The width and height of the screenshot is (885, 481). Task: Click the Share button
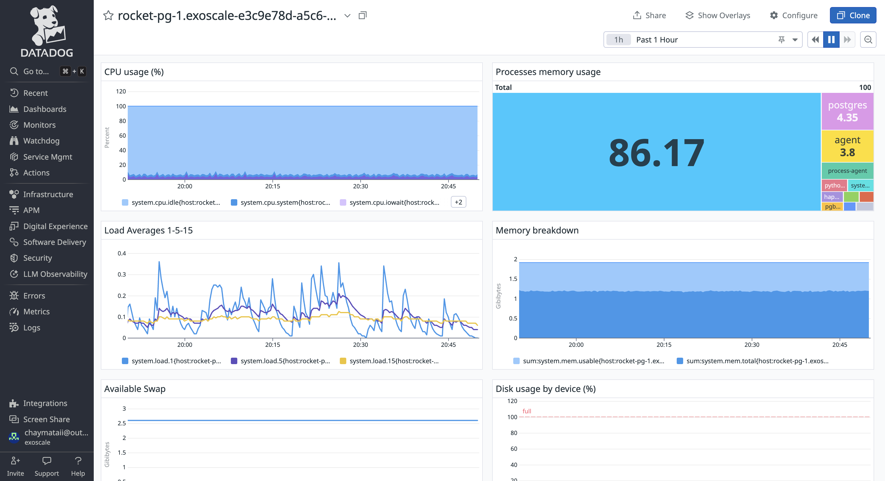coord(649,16)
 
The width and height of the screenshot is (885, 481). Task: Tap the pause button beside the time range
coord(831,40)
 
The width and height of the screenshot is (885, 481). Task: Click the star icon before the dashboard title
coord(108,16)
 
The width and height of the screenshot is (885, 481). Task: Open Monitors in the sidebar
coord(39,125)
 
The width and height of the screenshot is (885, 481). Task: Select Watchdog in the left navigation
coord(41,141)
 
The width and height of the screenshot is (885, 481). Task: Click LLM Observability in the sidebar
coord(55,274)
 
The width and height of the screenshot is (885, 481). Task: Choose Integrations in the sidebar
coord(45,403)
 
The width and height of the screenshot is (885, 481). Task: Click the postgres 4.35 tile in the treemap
coord(847,111)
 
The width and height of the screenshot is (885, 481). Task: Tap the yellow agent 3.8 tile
coord(847,146)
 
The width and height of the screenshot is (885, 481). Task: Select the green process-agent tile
coord(847,171)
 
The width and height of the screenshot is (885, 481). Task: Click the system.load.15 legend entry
coord(393,361)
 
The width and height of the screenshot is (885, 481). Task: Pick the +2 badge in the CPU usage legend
coord(458,202)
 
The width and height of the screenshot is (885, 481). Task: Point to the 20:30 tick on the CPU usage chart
coord(360,186)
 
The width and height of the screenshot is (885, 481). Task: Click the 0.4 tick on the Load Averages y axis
coord(122,253)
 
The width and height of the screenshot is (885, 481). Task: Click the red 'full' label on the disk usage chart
coord(526,411)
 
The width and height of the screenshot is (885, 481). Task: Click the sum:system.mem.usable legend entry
coord(593,361)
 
